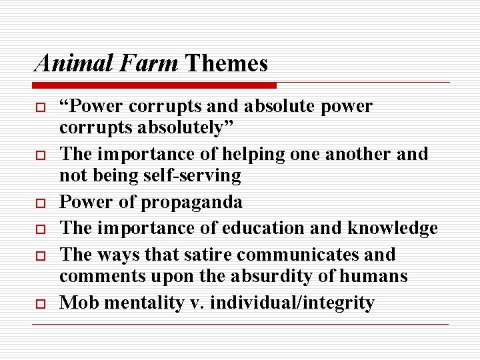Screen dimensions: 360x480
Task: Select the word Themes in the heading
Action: coord(226,63)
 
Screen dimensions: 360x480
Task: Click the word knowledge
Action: coord(392,228)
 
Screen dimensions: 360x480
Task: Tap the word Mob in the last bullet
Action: coord(75,303)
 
